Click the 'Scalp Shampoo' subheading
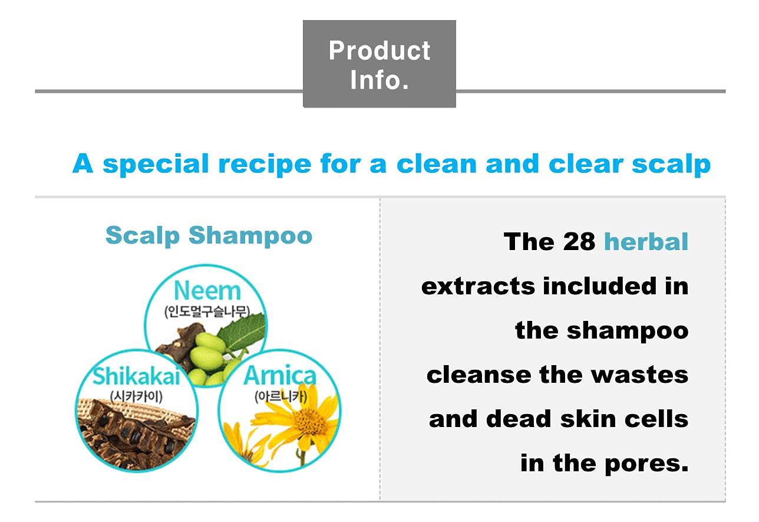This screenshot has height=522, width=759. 209,235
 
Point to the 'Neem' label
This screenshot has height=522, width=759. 207,291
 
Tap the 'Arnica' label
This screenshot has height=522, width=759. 279,376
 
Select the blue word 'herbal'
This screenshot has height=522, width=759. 646,241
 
